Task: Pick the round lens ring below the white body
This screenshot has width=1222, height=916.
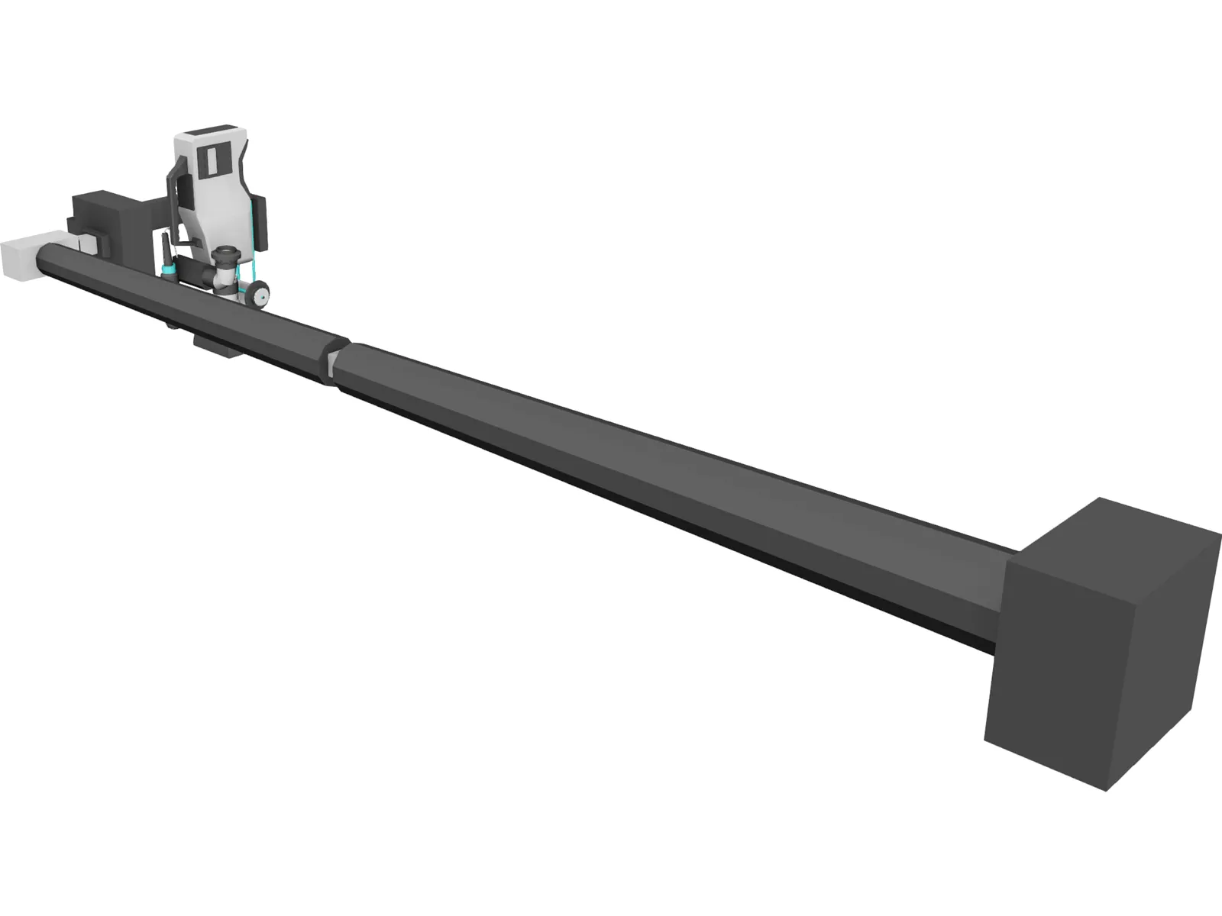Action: (x=227, y=252)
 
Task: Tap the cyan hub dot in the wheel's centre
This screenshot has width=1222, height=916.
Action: (x=262, y=294)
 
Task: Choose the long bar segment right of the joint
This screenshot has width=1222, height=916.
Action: (x=649, y=489)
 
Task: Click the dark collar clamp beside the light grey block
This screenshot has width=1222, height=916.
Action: (x=82, y=244)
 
